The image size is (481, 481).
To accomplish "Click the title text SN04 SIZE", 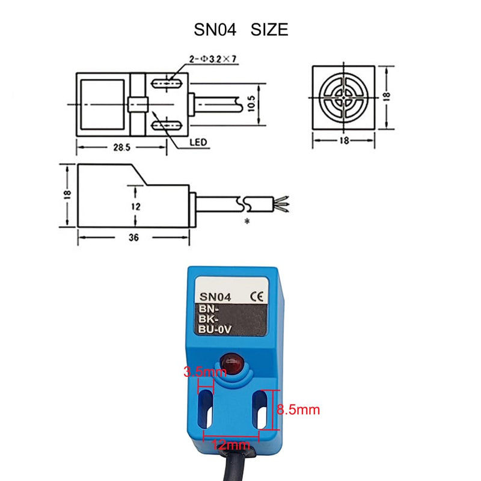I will (240, 29).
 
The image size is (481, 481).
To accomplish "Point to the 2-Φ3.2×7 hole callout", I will (204, 60).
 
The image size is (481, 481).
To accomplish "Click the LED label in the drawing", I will (198, 142).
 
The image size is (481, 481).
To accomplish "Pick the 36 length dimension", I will (133, 237).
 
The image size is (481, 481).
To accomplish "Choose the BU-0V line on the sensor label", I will (215, 328).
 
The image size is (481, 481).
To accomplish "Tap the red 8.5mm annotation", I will (298, 410).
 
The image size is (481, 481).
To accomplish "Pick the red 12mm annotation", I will (231, 445).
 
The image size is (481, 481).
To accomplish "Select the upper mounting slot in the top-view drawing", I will (168, 83).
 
